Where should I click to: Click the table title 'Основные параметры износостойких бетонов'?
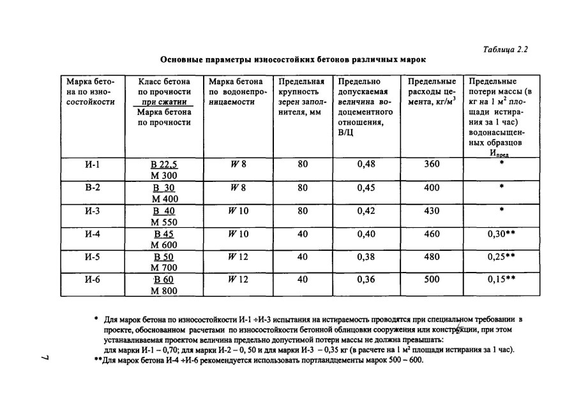point(293,59)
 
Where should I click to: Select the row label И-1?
point(93,164)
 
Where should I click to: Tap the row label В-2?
point(93,188)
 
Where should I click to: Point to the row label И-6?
point(93,280)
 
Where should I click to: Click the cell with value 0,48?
point(366,164)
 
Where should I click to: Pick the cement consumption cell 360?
point(432,164)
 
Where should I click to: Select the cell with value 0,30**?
point(501,234)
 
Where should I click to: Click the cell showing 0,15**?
point(501,280)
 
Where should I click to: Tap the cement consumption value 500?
point(432,280)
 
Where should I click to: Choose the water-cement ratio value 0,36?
point(366,280)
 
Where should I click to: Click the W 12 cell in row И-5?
point(237,257)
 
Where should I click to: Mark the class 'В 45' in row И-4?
point(164,234)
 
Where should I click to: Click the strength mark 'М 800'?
point(164,290)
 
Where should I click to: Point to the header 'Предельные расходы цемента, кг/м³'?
point(432,91)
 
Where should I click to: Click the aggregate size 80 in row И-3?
point(303,211)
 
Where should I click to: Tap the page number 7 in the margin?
point(43,361)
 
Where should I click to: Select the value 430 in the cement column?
point(432,211)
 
